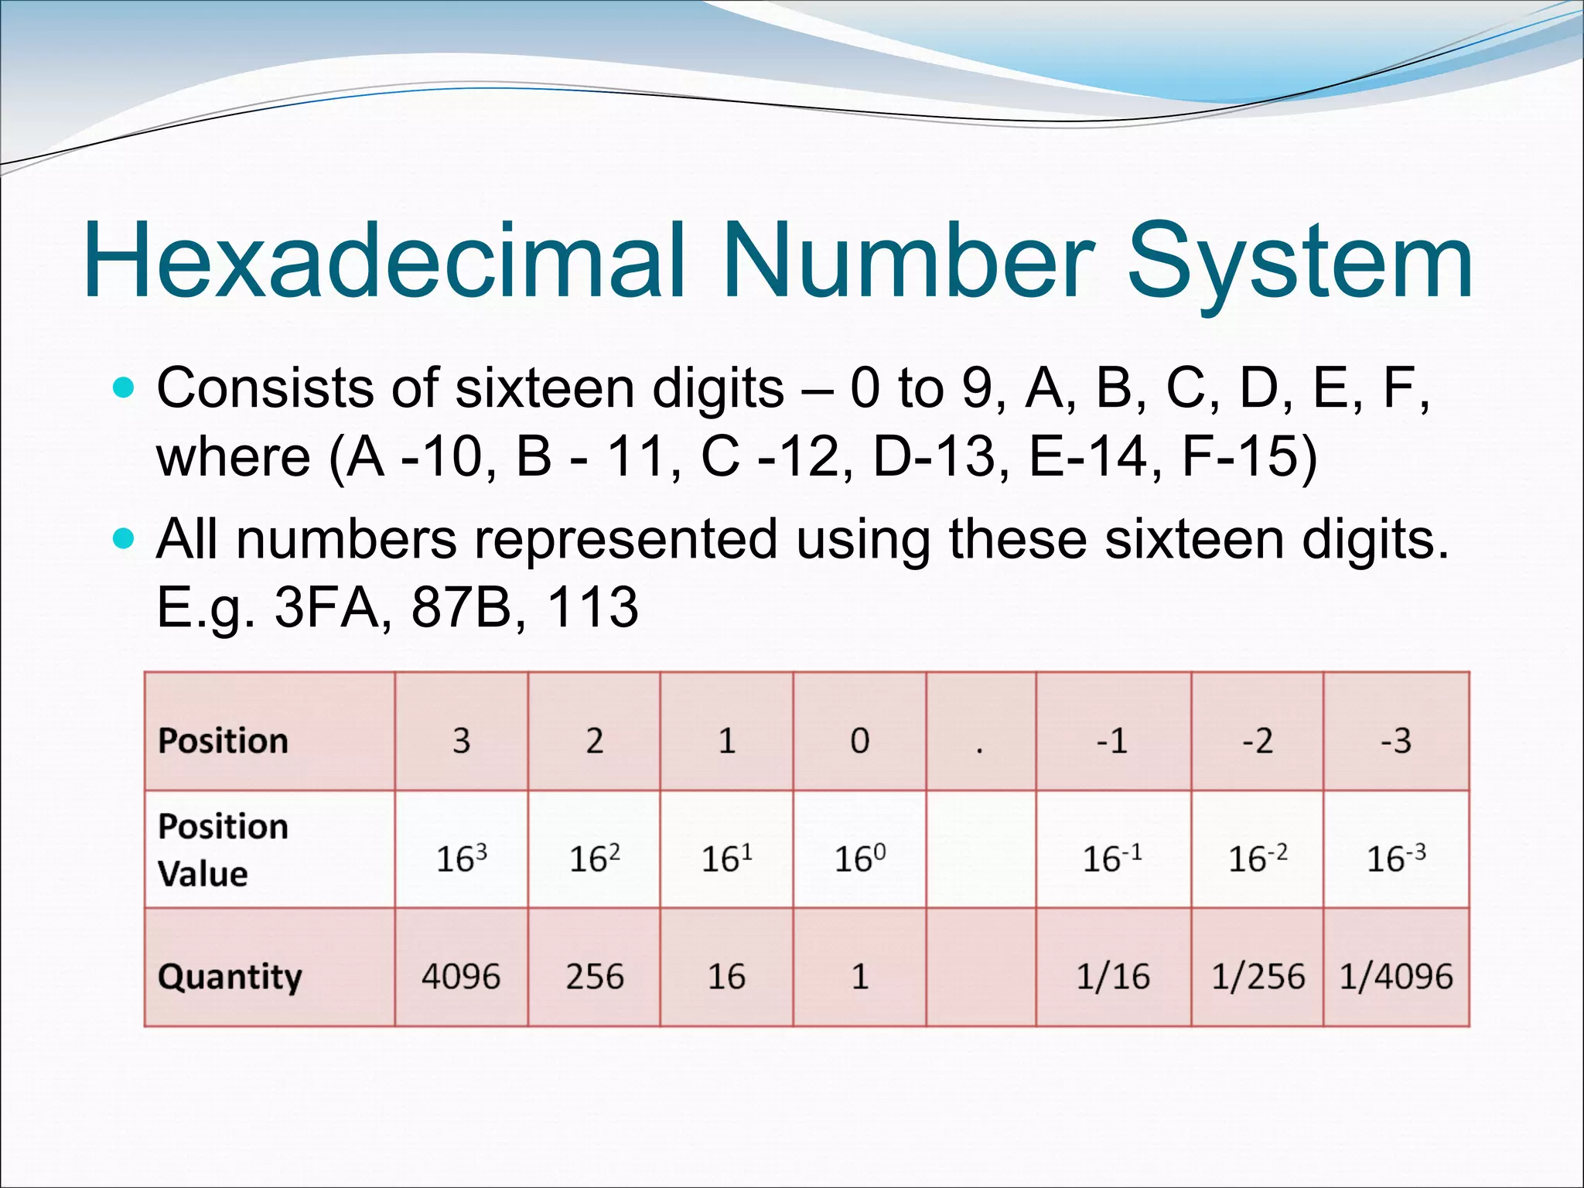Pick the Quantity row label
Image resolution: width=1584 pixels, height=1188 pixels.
point(230,976)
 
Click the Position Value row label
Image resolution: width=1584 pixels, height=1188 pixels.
point(223,849)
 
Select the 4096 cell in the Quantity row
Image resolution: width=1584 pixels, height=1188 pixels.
point(461,976)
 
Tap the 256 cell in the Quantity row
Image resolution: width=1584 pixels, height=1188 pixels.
point(594,976)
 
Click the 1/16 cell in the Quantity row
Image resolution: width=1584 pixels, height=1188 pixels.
point(1113,976)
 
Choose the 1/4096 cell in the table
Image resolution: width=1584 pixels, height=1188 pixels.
point(1396,976)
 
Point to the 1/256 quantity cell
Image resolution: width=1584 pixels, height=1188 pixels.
point(1258,976)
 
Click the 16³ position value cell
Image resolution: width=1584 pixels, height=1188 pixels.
point(461,858)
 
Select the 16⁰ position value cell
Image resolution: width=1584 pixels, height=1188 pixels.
point(859,858)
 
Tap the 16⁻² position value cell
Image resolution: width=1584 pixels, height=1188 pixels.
point(1258,858)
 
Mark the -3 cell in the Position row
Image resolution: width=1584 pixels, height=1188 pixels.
point(1396,741)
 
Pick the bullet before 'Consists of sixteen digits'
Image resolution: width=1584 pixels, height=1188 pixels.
point(123,386)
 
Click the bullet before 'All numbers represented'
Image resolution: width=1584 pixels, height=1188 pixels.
point(123,537)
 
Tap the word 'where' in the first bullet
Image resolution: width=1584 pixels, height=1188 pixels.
point(233,456)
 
